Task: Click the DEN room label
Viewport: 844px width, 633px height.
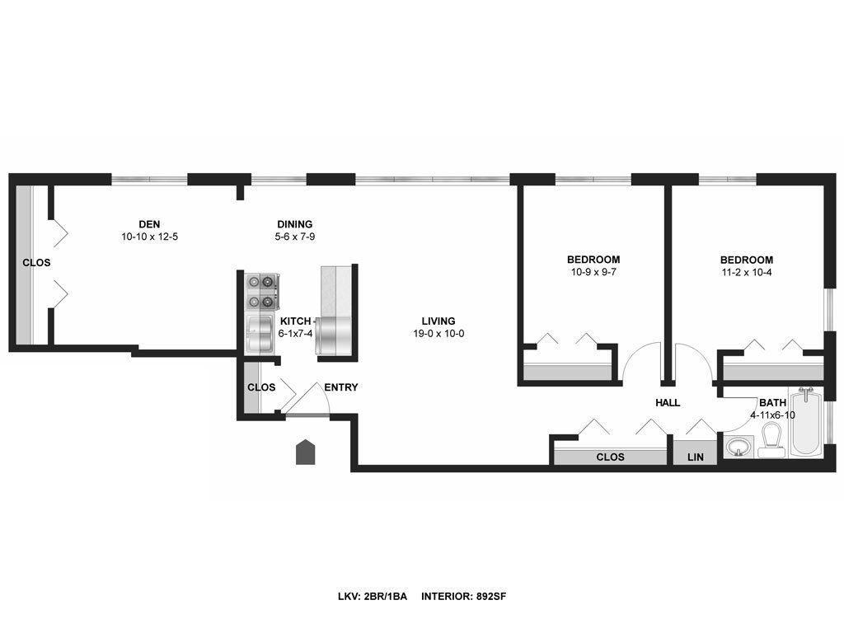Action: [149, 224]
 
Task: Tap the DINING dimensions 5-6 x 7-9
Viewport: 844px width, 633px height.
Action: [294, 237]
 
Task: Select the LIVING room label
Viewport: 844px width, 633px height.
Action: [438, 321]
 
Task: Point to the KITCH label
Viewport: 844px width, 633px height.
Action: [295, 321]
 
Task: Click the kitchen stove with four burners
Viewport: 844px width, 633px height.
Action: [261, 292]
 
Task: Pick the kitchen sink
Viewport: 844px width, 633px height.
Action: [260, 335]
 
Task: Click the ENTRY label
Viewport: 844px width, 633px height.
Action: [340, 387]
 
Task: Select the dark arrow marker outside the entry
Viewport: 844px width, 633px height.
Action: [305, 452]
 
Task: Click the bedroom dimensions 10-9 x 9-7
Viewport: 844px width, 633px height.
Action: [593, 272]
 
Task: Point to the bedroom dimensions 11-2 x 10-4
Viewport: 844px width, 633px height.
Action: [747, 272]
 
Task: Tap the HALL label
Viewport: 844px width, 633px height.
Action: [668, 402]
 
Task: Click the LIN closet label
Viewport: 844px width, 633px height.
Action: [696, 457]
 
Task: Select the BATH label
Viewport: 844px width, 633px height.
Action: [772, 402]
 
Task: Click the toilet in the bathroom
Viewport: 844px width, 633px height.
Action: [771, 440]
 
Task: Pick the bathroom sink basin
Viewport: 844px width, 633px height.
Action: [738, 447]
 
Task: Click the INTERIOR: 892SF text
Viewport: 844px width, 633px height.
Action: [463, 597]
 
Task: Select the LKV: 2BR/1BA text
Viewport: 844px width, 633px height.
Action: [373, 597]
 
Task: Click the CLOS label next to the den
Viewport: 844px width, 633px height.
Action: [36, 263]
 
